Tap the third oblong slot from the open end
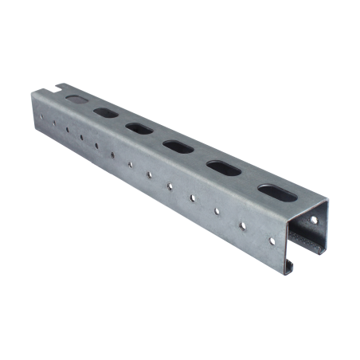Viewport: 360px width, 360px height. coord(177,146)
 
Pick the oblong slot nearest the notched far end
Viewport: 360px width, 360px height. coord(76,100)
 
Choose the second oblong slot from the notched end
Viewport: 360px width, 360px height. coord(105,112)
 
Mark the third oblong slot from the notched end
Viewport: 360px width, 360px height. coord(139,128)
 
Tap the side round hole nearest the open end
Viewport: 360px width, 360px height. coord(272,238)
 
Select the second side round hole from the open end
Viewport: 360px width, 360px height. coord(244,225)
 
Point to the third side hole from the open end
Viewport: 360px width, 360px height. coord(217,211)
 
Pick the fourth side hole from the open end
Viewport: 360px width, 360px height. coord(193,198)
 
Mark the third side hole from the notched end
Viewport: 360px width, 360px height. coord(68,132)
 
